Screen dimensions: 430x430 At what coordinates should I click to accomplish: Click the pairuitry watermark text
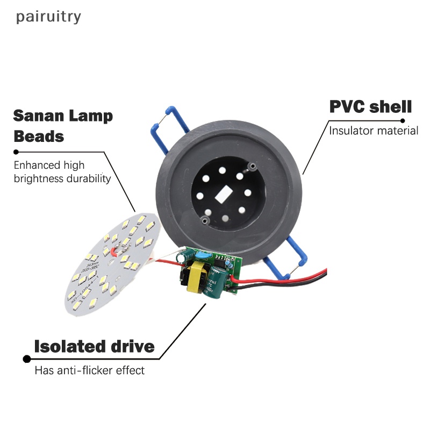[x=48, y=17]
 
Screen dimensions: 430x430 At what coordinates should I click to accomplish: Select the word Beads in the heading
[x=39, y=137]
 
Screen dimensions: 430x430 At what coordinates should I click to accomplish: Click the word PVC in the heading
[x=347, y=106]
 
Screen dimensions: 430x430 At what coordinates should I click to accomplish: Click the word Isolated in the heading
[x=70, y=346]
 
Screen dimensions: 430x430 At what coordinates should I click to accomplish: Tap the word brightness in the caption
[x=39, y=179]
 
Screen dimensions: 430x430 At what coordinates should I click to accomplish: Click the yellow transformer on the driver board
[x=196, y=276]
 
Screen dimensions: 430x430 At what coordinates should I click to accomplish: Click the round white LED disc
[x=112, y=264]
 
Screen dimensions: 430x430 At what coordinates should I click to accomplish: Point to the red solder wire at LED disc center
[x=113, y=252]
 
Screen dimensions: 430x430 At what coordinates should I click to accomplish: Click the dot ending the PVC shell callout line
[x=403, y=120]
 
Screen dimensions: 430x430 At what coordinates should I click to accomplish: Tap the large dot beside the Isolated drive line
[x=27, y=359]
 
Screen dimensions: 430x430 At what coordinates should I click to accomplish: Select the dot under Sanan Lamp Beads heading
[x=16, y=152]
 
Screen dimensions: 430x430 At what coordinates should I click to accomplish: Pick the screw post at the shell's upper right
[x=252, y=166]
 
